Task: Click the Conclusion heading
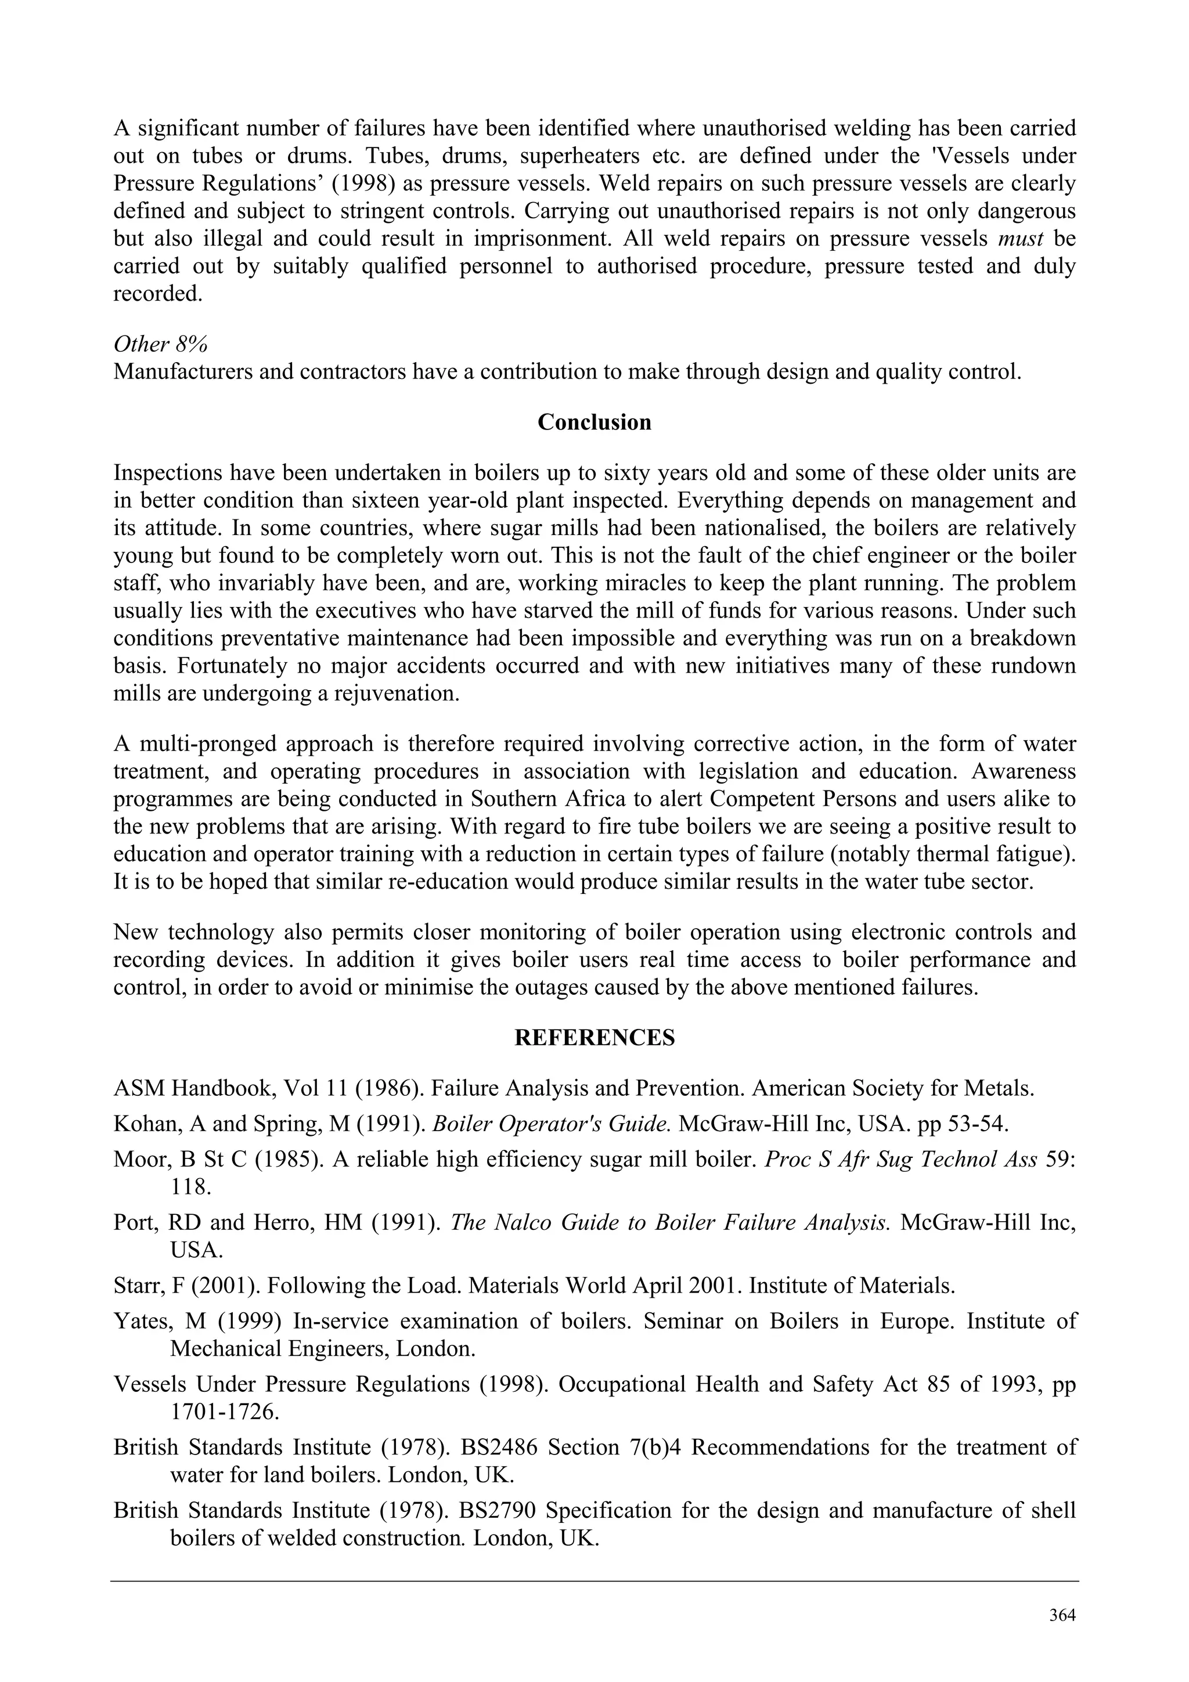[594, 423]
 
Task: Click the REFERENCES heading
[594, 1038]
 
